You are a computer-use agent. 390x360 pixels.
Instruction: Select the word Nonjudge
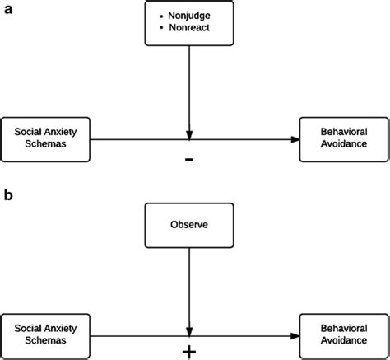tap(195, 15)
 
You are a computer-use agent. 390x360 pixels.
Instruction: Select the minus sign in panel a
tap(190, 158)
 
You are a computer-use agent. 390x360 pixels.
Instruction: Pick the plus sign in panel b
tap(190, 350)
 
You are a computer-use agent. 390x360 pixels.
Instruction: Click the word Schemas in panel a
tap(48, 143)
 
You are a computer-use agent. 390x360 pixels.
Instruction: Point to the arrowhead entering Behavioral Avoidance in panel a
tap(293, 138)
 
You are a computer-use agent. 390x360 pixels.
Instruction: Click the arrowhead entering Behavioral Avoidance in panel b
tap(293, 334)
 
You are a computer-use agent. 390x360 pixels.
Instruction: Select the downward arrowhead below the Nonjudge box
tap(190, 133)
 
